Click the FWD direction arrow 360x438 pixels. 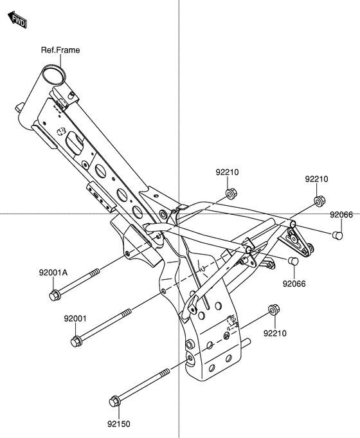17,19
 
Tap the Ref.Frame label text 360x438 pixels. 60,50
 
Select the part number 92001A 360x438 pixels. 53,273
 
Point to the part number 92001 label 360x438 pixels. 75,319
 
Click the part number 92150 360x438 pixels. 119,424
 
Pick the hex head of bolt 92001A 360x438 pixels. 54,295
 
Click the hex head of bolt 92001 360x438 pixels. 76,341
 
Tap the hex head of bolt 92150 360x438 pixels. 114,401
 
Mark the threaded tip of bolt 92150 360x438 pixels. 165,372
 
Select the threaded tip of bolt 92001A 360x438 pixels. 95,272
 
